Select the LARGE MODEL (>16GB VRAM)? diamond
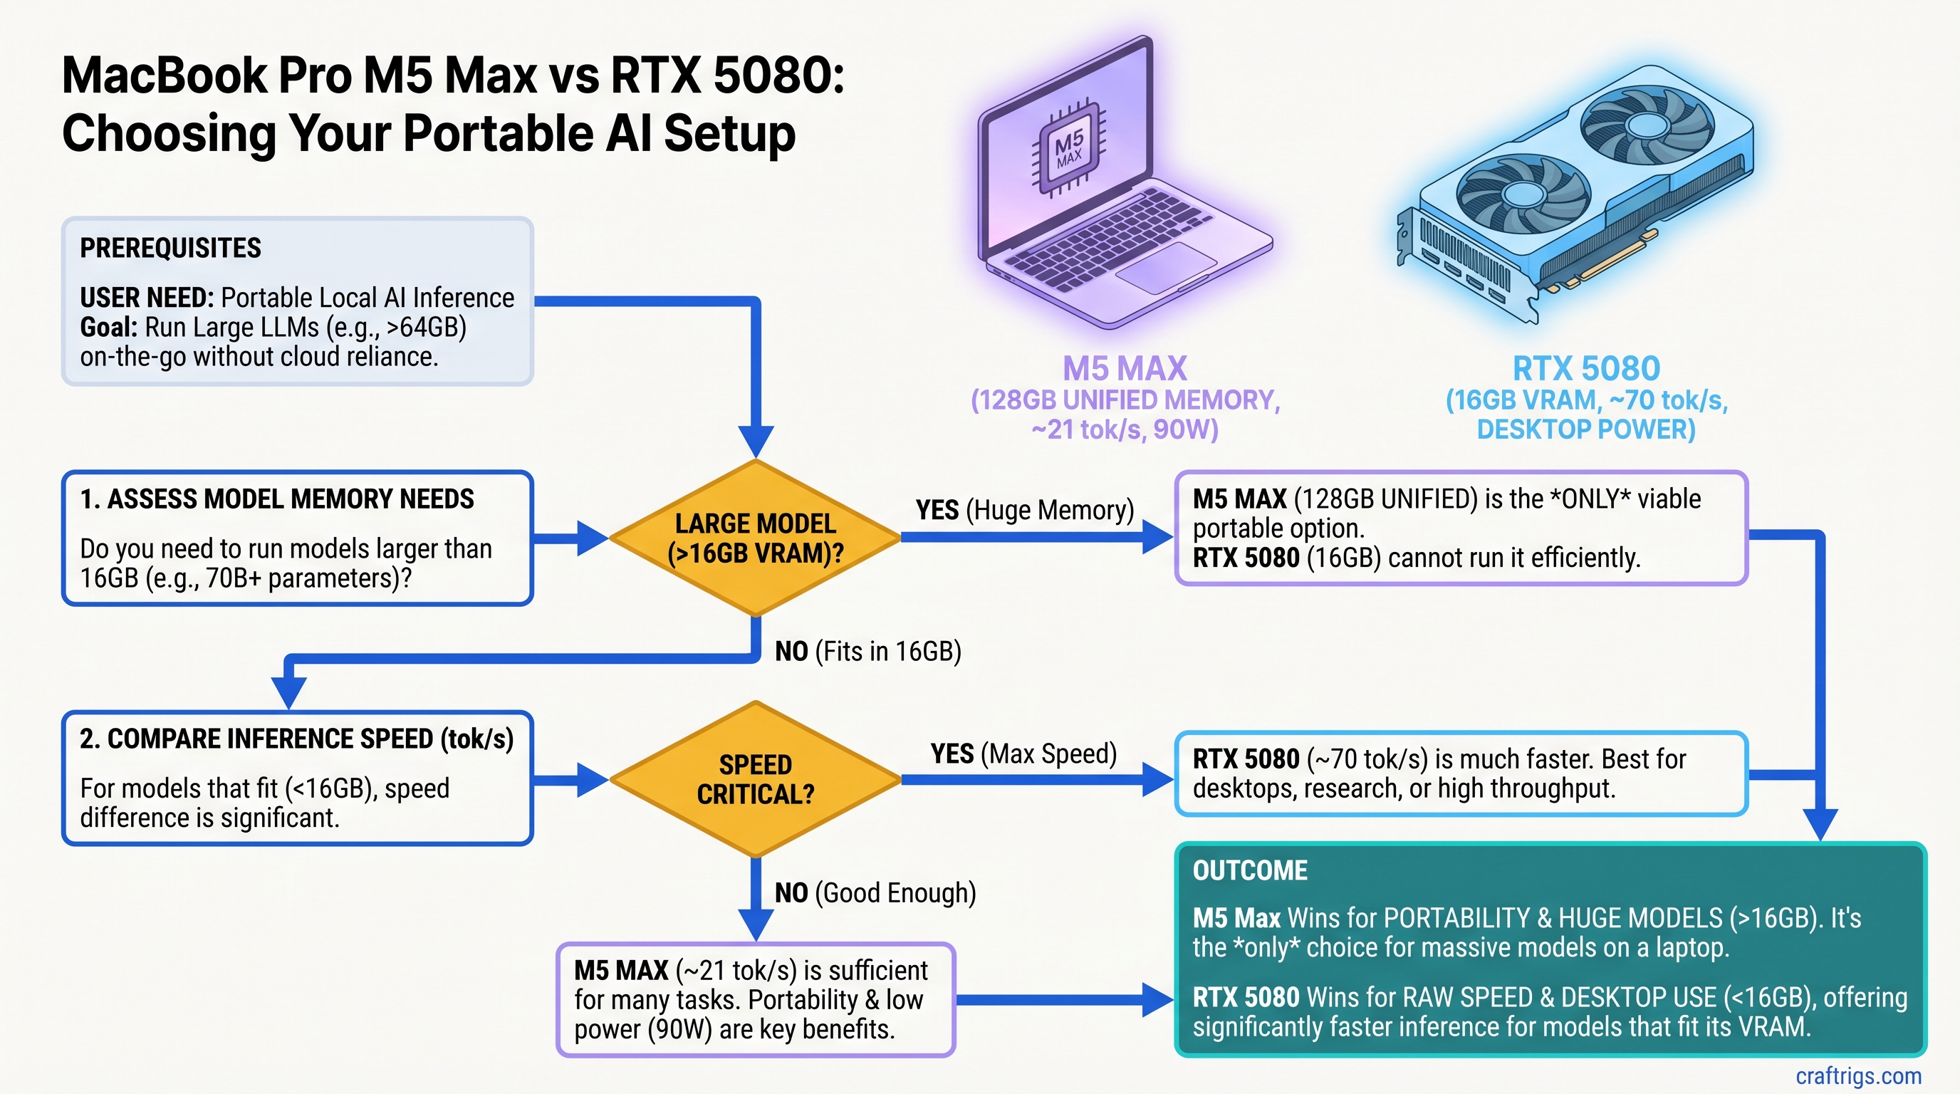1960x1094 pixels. pyautogui.click(x=755, y=538)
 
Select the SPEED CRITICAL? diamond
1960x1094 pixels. pyautogui.click(x=755, y=779)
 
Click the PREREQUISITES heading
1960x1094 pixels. pyautogui.click(x=170, y=248)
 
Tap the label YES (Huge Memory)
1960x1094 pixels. pyautogui.click(x=1024, y=510)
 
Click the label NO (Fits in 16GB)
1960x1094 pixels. pyautogui.click(x=867, y=651)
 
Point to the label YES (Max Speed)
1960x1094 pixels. pyautogui.click(x=1023, y=753)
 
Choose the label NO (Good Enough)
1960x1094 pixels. pyautogui.click(x=875, y=892)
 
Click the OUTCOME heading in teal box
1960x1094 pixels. pyautogui.click(x=1249, y=870)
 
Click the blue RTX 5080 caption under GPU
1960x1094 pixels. pyautogui.click(x=1585, y=369)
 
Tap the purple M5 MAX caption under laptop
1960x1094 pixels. pyautogui.click(x=1124, y=369)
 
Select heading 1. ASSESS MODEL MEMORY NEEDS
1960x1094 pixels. pyautogui.click(x=277, y=499)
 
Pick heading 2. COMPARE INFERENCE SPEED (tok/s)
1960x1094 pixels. pyautogui.click(x=297, y=739)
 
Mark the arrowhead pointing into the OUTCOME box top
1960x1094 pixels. pyautogui.click(x=1820, y=825)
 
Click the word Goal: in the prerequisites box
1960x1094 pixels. pyautogui.click(x=109, y=327)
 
